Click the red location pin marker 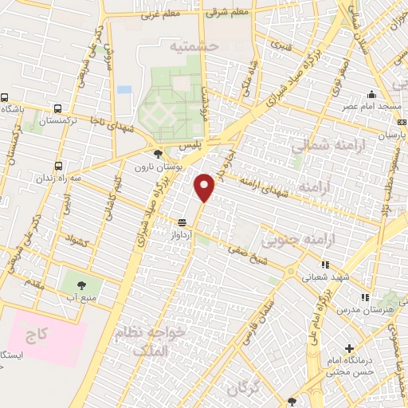tap(206, 186)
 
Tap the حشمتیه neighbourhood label tap(190, 47)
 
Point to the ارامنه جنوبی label tap(300, 237)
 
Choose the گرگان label tap(244, 389)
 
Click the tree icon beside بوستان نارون tap(159, 154)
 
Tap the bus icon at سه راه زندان tap(58, 167)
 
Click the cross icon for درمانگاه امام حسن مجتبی tap(349, 348)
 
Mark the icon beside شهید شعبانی tap(324, 265)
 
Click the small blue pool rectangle tap(124, 89)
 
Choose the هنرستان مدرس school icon tap(365, 297)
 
